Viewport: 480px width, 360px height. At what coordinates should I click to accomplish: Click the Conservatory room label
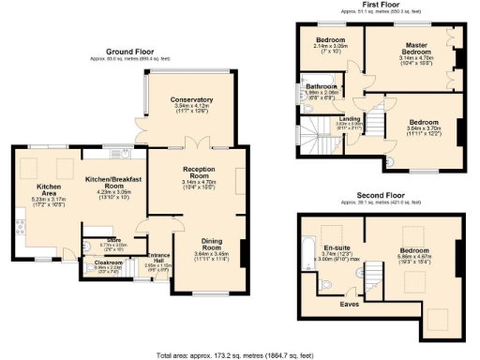191,100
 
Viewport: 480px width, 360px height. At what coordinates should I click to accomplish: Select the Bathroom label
321,86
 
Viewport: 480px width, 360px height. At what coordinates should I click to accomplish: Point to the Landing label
350,119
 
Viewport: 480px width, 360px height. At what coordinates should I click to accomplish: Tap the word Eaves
351,304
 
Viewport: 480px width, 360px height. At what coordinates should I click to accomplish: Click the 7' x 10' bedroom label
331,40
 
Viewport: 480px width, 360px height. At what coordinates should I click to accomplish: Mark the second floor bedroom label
413,251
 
